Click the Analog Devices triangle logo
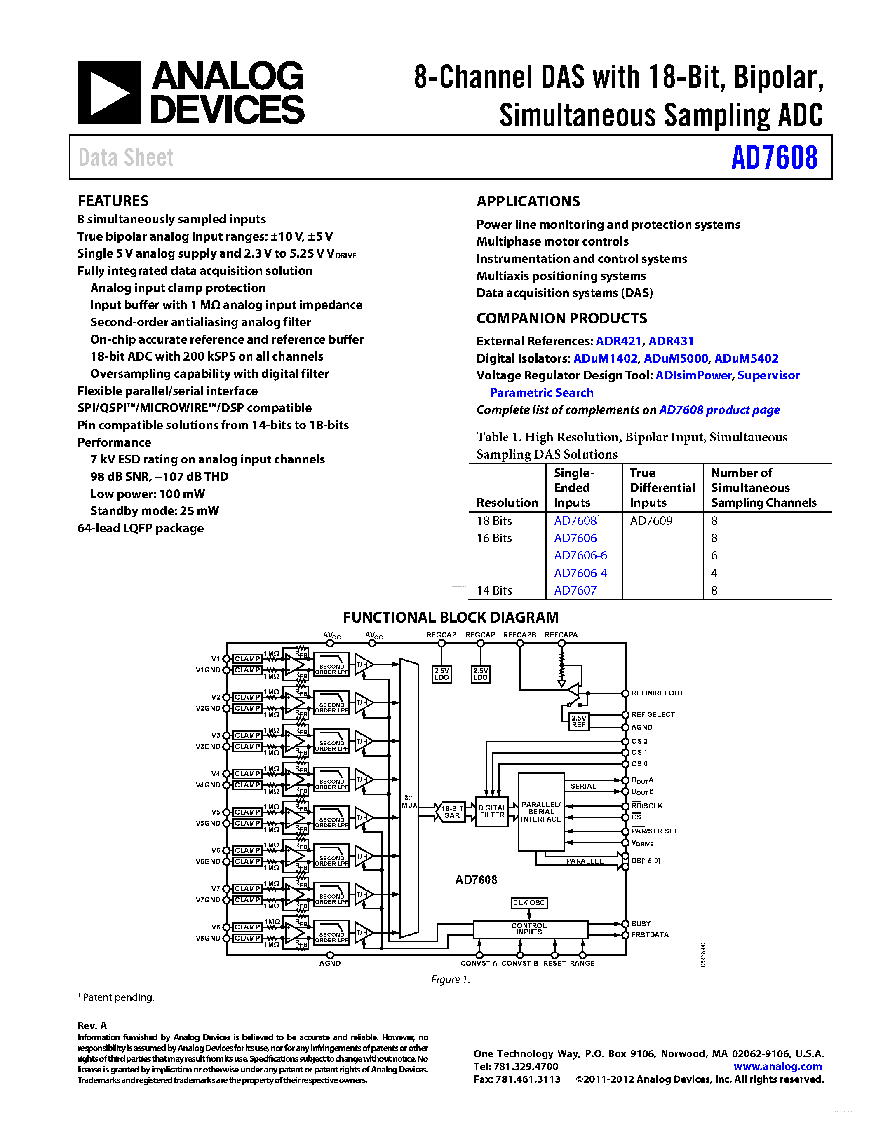(109, 93)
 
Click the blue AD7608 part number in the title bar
(774, 158)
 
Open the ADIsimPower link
(693, 376)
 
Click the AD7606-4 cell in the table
(580, 573)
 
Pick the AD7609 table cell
(651, 521)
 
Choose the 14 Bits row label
(494, 590)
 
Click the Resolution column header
(507, 503)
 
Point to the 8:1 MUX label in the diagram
(409, 801)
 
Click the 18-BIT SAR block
(452, 812)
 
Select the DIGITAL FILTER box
(492, 812)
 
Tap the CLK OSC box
(529, 903)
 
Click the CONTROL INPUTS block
(529, 929)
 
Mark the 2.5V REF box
(579, 721)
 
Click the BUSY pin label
(641, 924)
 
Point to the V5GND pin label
(208, 823)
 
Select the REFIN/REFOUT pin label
(658, 693)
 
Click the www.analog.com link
(777, 1067)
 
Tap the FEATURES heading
(113, 201)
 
